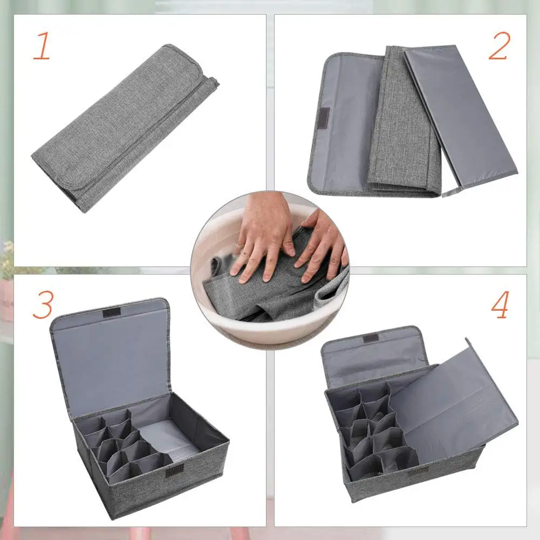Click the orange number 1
coord(42,47)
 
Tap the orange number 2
coord(499,46)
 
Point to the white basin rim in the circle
coord(270,329)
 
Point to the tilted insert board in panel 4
coord(453,399)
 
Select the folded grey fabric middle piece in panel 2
coord(402,124)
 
